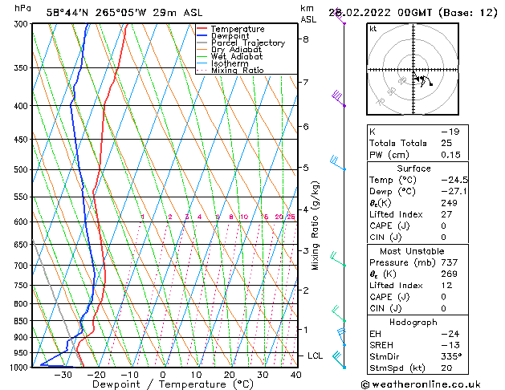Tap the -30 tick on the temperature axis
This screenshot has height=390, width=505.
62,375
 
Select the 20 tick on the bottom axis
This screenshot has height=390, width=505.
229,375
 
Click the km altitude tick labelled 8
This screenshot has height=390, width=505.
306,39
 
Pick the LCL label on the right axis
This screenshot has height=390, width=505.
316,355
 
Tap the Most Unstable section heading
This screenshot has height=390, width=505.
413,251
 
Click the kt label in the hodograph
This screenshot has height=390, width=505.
373,28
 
